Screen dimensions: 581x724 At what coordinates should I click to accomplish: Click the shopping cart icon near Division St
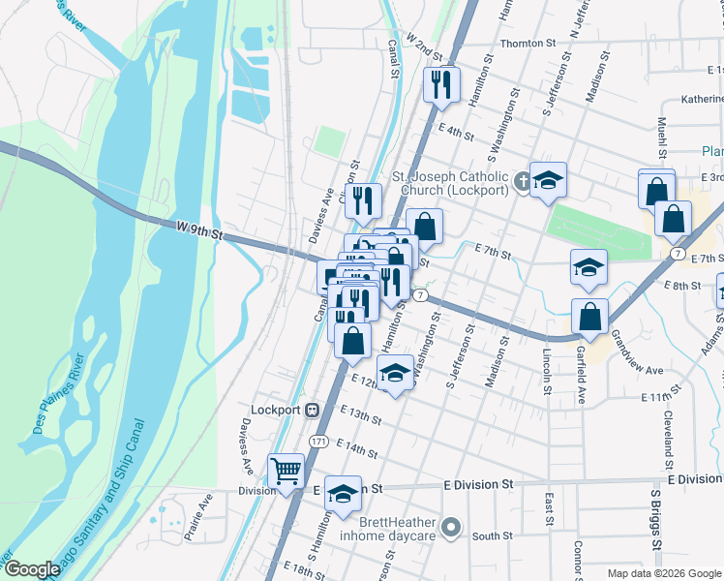click(287, 472)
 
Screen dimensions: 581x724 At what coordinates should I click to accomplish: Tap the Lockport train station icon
click(313, 409)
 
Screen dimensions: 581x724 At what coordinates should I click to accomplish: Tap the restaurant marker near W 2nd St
click(442, 83)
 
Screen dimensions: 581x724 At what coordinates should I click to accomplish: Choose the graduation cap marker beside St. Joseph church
click(548, 180)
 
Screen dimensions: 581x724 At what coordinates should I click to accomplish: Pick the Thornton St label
click(528, 44)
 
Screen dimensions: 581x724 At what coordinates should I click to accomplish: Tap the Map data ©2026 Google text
click(663, 573)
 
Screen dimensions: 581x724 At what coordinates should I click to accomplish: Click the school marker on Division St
click(342, 494)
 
